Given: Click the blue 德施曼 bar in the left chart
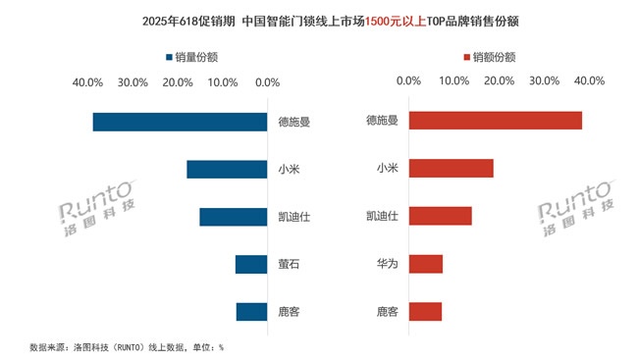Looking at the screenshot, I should tap(180, 122).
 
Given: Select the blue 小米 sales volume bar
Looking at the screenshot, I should tap(227, 169).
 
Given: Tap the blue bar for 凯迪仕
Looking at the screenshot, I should tap(233, 217).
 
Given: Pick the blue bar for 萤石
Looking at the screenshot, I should tap(251, 264).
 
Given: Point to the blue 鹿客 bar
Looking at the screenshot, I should tap(251, 312).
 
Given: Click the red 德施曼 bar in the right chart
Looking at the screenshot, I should tap(495, 121).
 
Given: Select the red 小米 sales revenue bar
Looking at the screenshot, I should tap(451, 168).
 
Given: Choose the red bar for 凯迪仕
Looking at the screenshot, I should tap(440, 216).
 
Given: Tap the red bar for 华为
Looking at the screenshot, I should tap(425, 263).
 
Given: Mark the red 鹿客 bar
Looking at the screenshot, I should tap(425, 312).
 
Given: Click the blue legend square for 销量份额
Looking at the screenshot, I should tap(170, 57).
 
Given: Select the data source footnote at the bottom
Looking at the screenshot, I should tap(127, 346).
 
